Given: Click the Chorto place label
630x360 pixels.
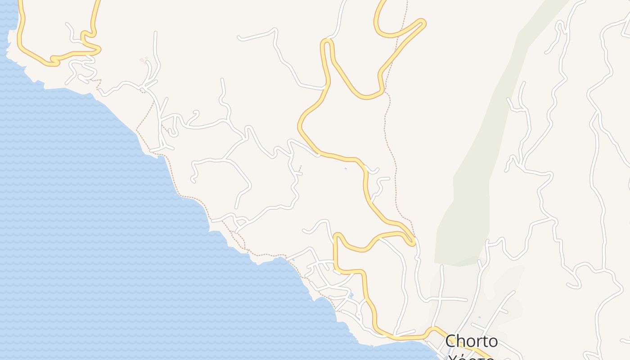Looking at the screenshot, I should coord(471,341).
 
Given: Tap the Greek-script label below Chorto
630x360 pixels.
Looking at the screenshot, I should coord(470,357).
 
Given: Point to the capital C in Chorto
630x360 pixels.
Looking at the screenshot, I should coord(451,341).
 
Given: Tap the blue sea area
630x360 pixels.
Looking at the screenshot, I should coord(90,225).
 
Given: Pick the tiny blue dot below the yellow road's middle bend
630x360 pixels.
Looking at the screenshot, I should coord(346,169).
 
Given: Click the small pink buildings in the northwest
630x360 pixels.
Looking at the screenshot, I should coord(144,59).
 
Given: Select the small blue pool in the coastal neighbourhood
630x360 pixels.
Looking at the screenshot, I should coord(351,295).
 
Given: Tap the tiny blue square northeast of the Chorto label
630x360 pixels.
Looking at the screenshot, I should coord(480,318).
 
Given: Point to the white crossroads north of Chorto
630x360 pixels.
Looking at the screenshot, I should coord(441,299).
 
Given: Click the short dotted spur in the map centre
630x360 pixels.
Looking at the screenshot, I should coord(299,170).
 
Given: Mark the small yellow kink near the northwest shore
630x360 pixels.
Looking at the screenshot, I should coord(54,59).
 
